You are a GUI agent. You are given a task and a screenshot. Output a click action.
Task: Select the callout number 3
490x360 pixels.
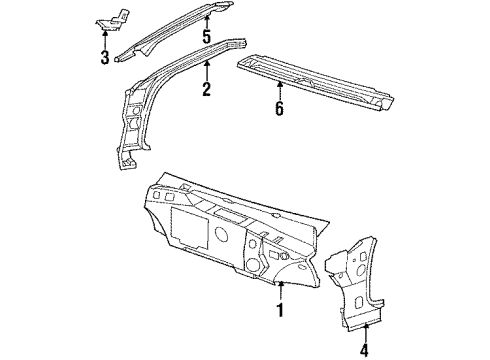coord(104,57)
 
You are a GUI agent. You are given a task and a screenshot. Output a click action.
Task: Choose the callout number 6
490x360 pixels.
coord(279,107)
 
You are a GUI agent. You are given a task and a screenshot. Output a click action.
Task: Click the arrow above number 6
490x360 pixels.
coord(279,89)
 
